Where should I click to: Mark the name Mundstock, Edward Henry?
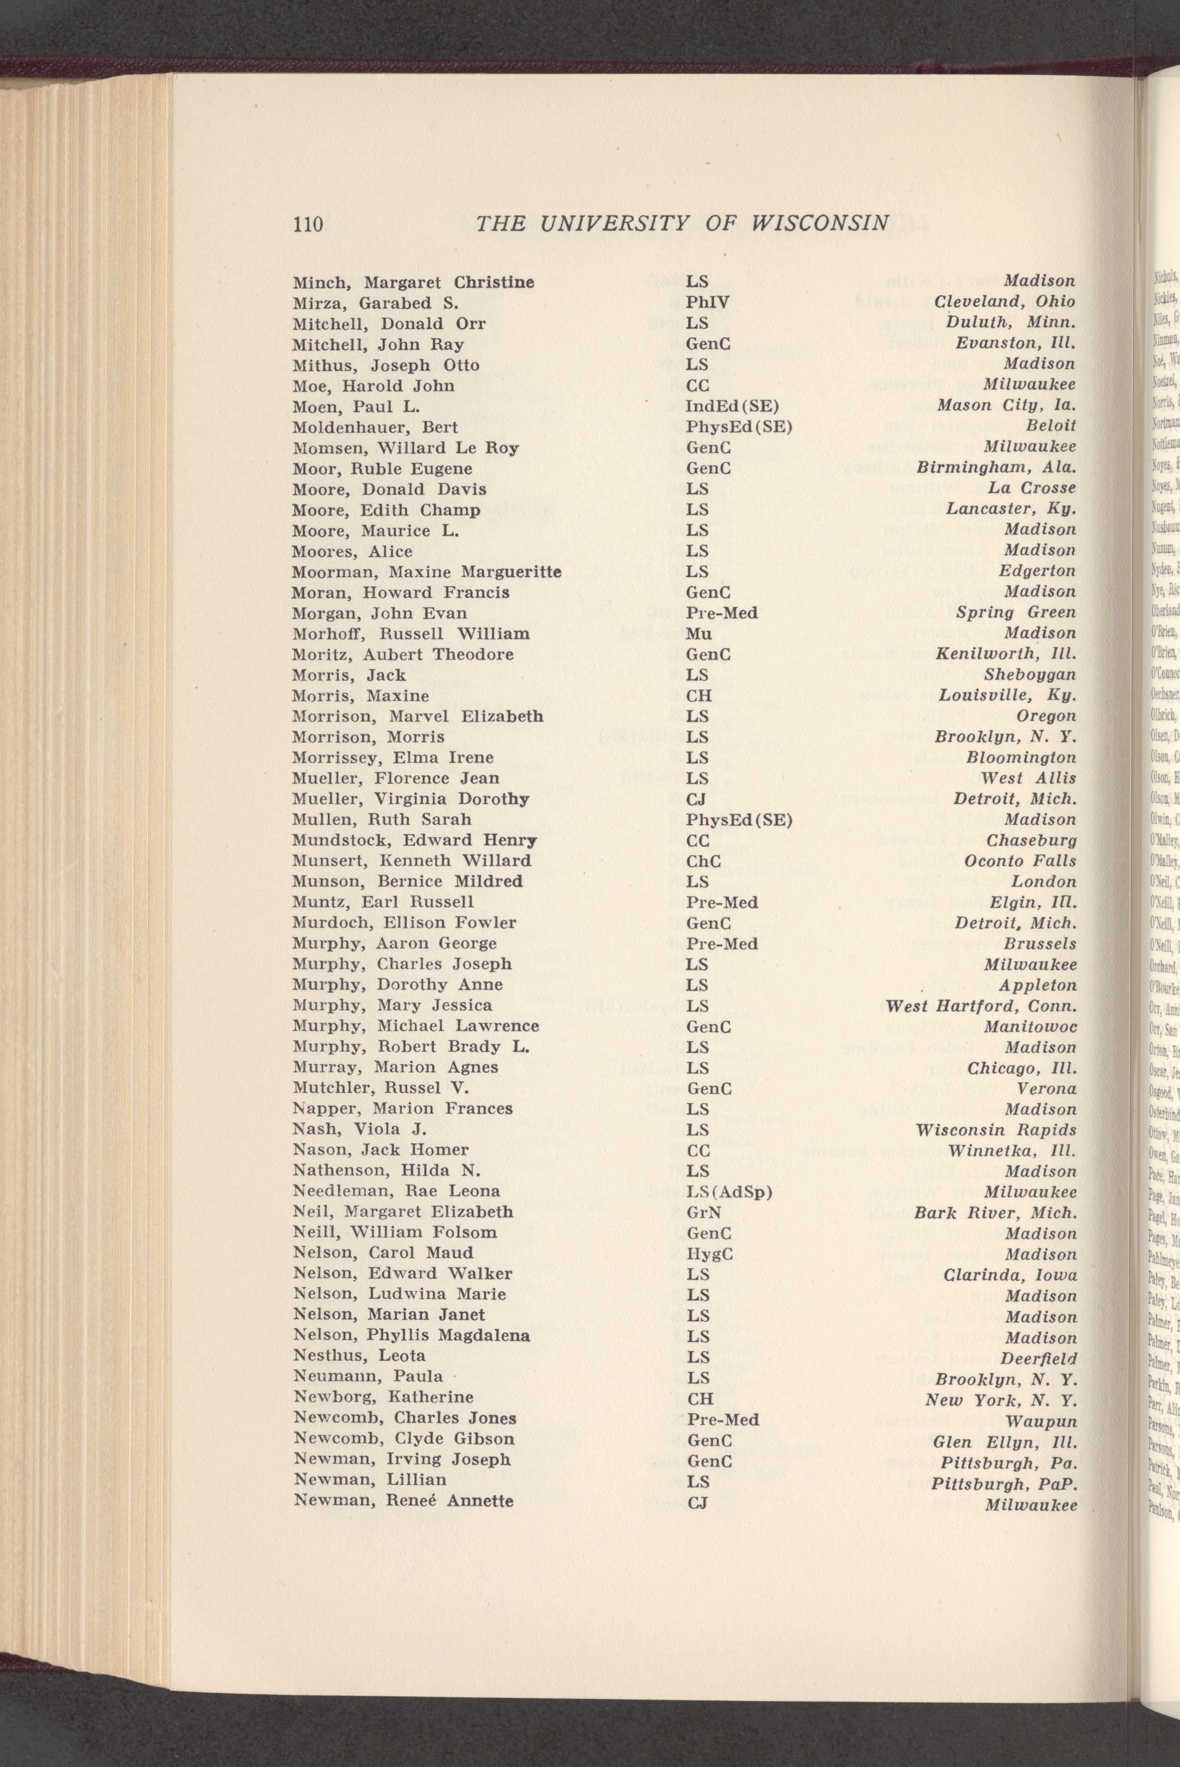tap(414, 841)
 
